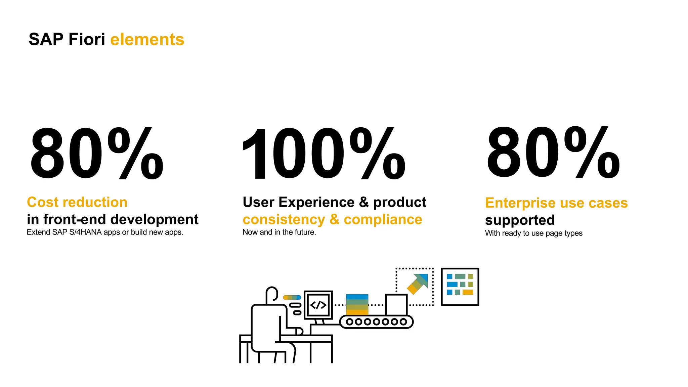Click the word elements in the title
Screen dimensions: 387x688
coord(147,40)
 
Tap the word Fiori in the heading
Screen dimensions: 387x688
coord(87,40)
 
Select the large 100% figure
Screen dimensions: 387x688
coord(323,154)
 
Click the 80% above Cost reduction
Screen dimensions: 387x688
coord(96,154)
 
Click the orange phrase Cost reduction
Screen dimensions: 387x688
coord(77,202)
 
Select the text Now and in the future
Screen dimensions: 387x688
coord(279,232)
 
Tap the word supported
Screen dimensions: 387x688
coord(520,220)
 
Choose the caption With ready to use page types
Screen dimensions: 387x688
coord(533,233)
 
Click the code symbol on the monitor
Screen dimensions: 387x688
coord(318,305)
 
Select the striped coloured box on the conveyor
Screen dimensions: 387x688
coord(357,305)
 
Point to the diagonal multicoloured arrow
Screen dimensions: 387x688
coord(418,284)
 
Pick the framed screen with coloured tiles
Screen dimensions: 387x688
coord(460,287)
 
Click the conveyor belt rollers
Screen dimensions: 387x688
coord(376,322)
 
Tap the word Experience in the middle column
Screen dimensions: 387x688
coord(316,202)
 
